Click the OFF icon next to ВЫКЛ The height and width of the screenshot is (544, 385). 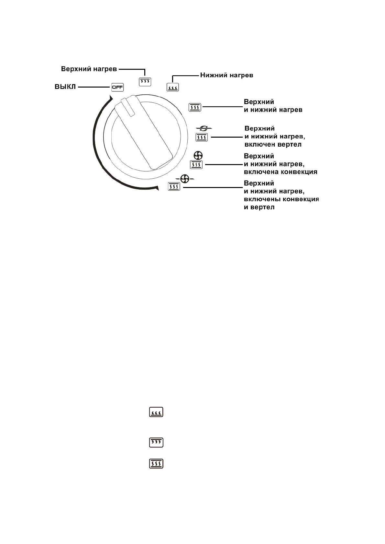117,87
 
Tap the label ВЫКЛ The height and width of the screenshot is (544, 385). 65,87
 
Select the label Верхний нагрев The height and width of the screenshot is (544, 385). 89,69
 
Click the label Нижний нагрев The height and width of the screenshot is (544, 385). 226,75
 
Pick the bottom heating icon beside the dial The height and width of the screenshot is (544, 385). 172,87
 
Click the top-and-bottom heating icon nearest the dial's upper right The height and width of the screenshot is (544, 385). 195,107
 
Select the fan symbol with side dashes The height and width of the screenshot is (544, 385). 184,178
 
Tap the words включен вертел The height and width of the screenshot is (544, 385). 273,144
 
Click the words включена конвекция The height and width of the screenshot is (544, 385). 280,172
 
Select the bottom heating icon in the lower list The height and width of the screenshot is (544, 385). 156,413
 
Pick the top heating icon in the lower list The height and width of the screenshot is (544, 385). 156,442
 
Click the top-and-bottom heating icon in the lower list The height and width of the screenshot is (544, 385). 156,464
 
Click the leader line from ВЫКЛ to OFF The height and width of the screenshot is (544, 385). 94,87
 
